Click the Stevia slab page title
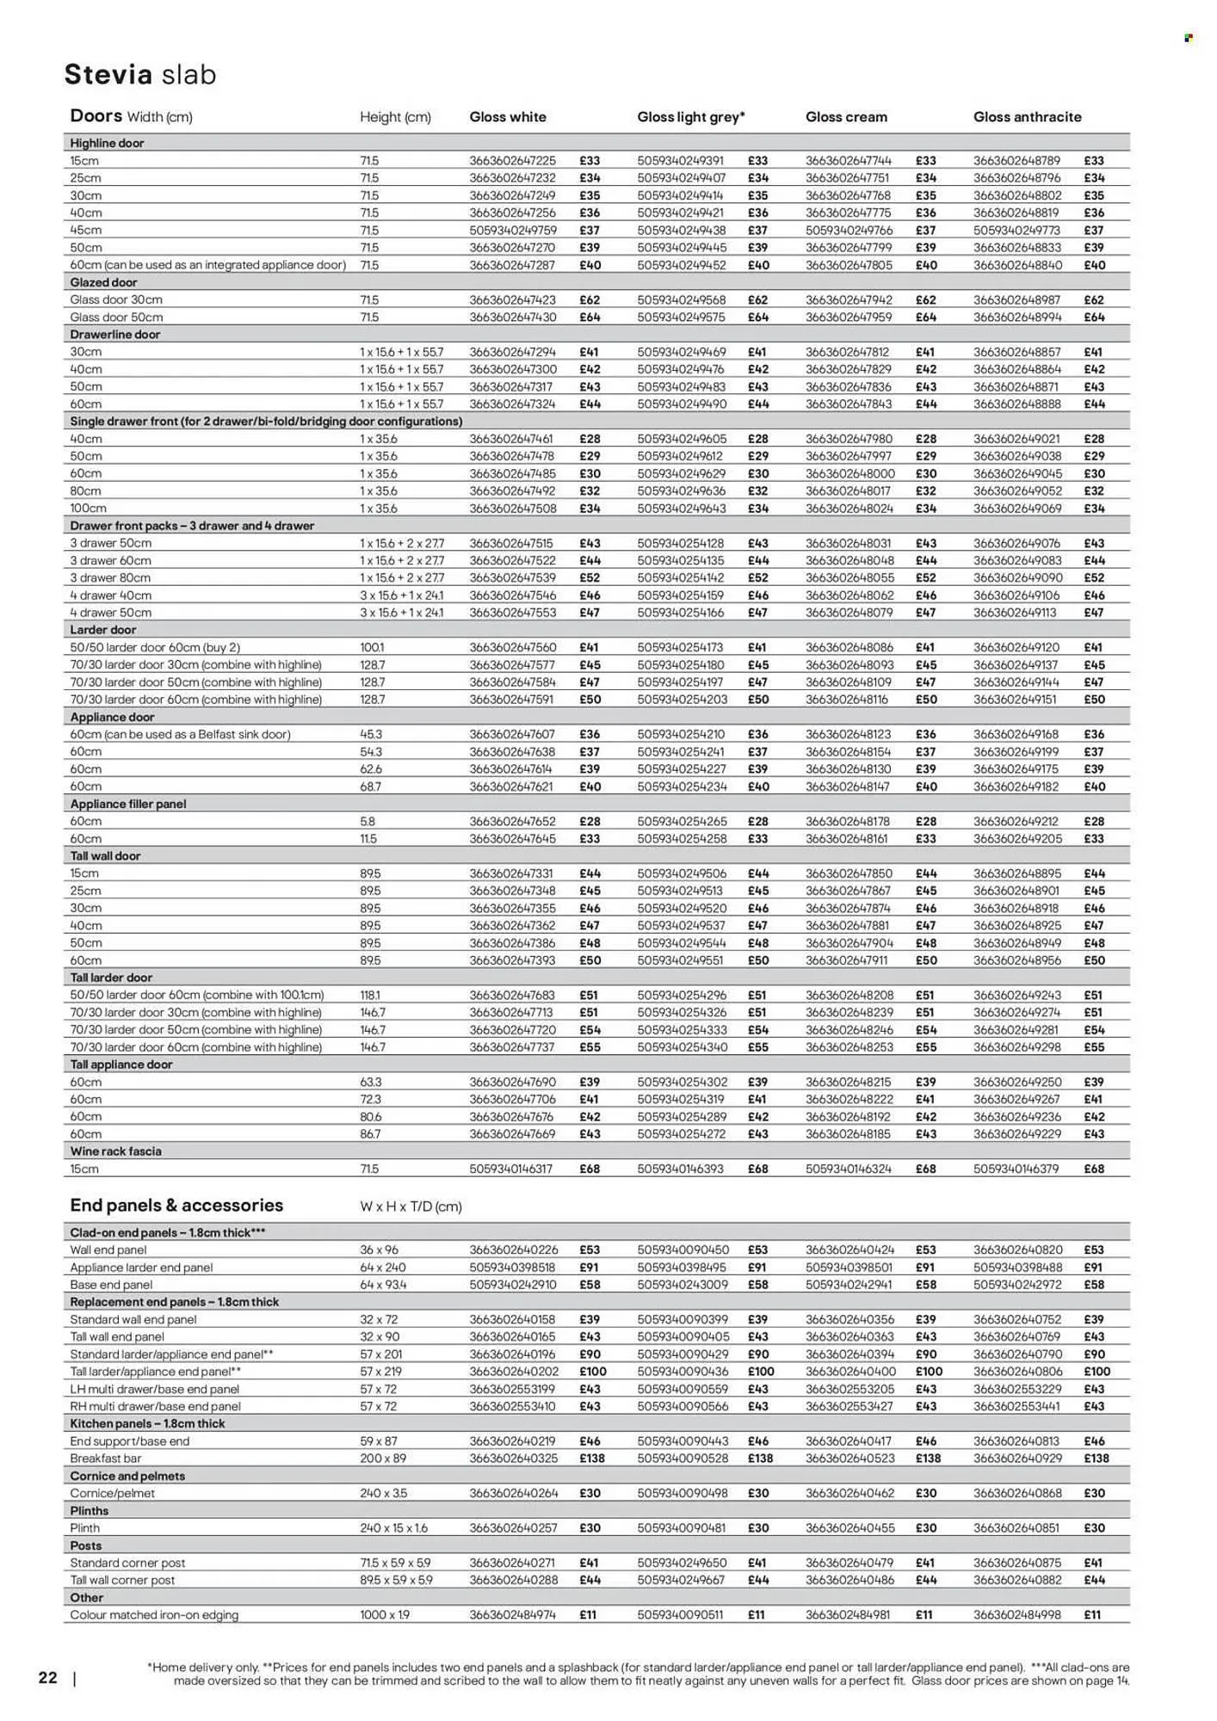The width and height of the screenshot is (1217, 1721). [x=140, y=75]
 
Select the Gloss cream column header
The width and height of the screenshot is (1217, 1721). [x=846, y=117]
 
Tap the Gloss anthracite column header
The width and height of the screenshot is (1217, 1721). [x=1027, y=117]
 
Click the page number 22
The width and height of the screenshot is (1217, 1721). [x=48, y=1677]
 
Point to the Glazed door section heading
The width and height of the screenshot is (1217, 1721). [x=103, y=282]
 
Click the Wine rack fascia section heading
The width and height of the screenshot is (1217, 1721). [x=115, y=1151]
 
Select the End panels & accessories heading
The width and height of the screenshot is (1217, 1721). [x=176, y=1206]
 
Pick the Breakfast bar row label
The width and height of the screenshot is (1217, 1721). [x=105, y=1459]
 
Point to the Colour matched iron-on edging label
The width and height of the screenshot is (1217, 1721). [x=154, y=1615]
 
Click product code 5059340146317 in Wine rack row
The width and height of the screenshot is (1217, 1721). [x=512, y=1169]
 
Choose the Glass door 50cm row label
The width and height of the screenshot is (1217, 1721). [x=116, y=318]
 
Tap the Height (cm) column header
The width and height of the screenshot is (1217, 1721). [x=395, y=117]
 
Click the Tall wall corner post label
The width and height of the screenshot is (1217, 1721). [x=122, y=1581]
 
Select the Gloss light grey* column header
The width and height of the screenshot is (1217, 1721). [x=690, y=117]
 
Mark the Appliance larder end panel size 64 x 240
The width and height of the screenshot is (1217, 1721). [x=383, y=1268]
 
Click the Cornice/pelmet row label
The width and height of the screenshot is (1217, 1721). [x=112, y=1494]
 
